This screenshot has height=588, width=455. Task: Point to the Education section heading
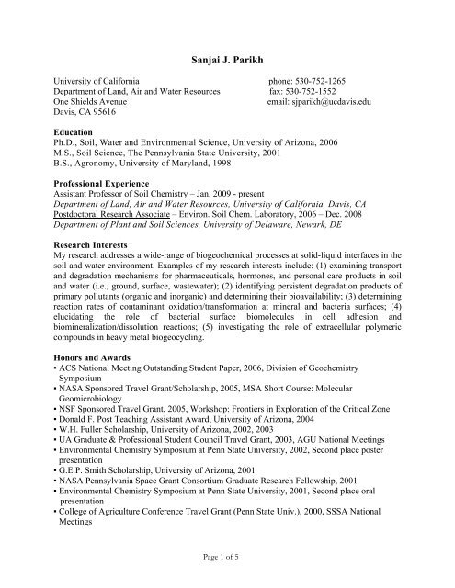coord(76,132)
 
